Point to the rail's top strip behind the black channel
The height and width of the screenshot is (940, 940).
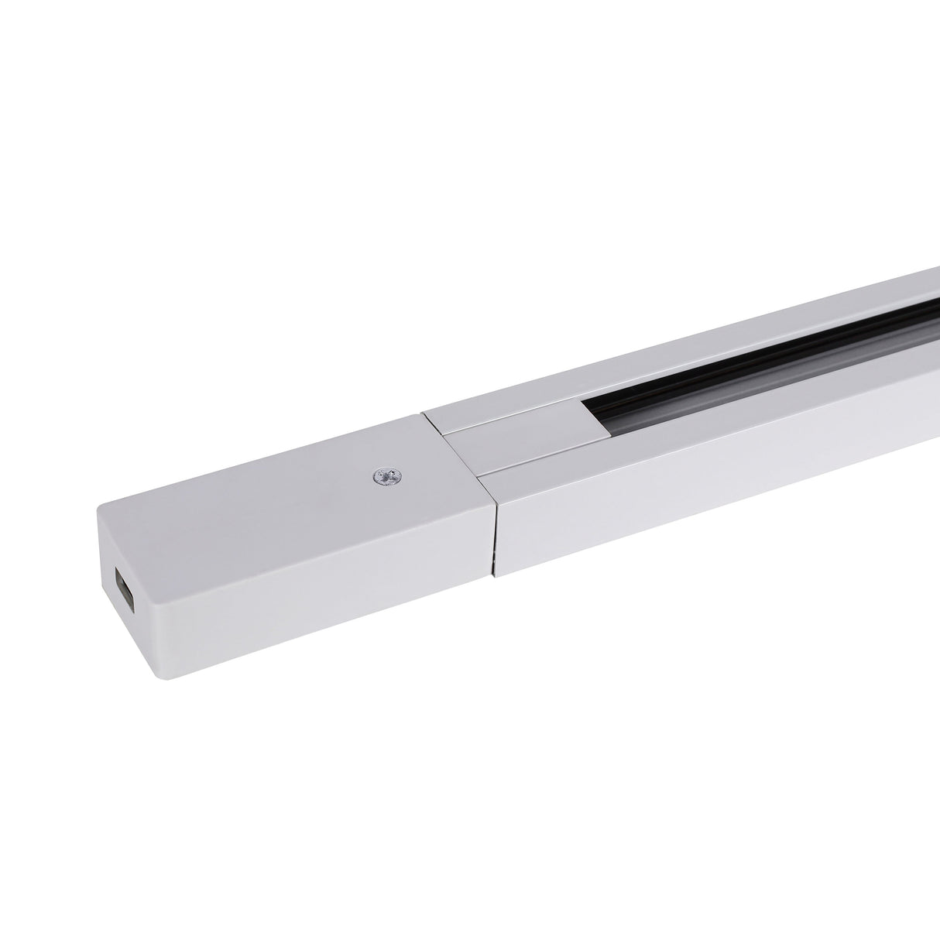click(697, 348)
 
